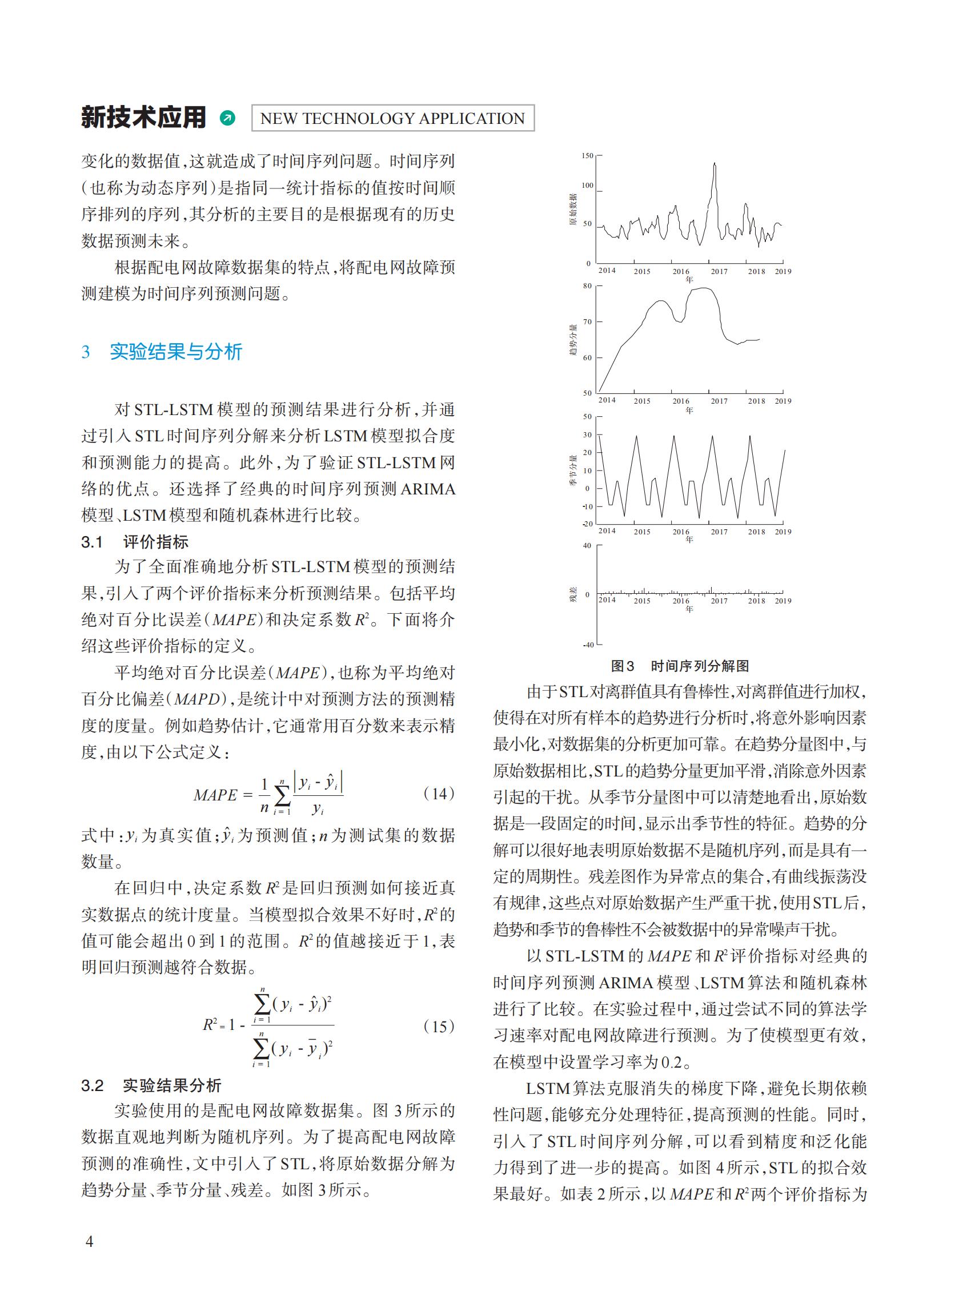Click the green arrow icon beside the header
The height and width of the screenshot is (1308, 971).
coord(227,118)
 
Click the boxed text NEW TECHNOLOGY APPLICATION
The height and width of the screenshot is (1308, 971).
coord(392,118)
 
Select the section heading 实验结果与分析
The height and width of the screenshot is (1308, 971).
coord(176,351)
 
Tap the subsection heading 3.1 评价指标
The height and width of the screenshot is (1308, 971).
coord(135,542)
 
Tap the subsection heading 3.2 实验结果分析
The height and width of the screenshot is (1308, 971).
coord(151,1085)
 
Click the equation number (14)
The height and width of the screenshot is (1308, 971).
coord(439,794)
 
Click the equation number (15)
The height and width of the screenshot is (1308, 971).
coord(439,1027)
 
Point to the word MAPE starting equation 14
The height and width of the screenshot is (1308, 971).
coord(215,796)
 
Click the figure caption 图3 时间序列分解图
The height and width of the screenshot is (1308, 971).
coord(680,666)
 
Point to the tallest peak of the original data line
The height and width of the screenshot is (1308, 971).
coord(715,164)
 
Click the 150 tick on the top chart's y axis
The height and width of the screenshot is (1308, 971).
coord(587,156)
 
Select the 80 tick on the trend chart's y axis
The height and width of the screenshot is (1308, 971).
coord(587,286)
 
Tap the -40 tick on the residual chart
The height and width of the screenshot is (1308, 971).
coord(587,645)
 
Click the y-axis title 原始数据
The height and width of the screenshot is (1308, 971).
coord(572,210)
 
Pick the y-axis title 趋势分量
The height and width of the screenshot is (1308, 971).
coord(572,340)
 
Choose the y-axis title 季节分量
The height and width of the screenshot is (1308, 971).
coord(572,470)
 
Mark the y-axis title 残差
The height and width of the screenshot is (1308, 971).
coord(572,594)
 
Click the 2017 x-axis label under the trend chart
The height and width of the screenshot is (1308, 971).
coord(719,401)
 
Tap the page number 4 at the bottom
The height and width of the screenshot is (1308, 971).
coord(89,1242)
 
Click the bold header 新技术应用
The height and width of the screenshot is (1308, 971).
coord(144,118)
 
